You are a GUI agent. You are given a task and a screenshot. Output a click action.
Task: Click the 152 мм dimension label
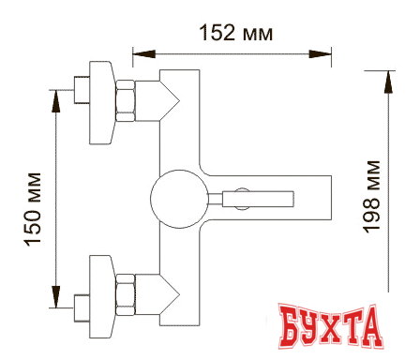point(236,33)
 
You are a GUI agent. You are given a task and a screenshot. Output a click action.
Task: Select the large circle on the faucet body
point(173,199)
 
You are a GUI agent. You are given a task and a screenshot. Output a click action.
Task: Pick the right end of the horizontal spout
point(329,199)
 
